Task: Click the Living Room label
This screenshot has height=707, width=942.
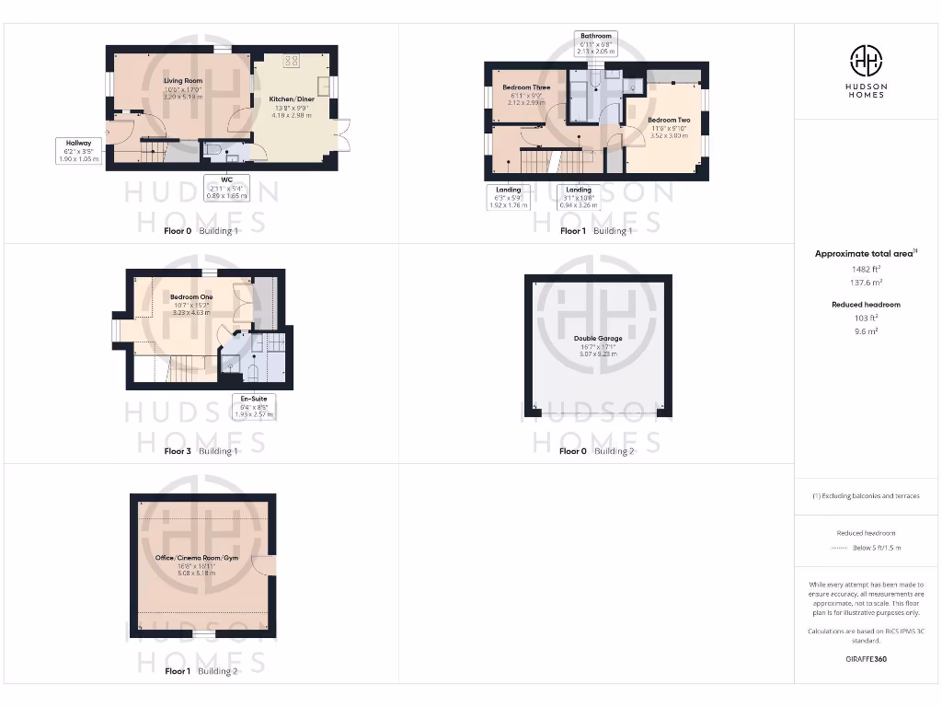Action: coord(182,81)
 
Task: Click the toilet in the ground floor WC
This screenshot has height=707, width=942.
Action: coord(213,149)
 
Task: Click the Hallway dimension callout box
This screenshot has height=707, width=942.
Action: coord(78,150)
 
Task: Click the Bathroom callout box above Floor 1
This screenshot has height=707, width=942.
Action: coord(595,42)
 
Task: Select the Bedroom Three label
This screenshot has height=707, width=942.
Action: coord(526,87)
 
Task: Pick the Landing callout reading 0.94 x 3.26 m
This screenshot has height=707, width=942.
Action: coord(579,197)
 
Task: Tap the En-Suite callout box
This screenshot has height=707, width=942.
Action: coord(252,407)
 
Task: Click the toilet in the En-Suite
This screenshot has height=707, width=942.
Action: coord(252,373)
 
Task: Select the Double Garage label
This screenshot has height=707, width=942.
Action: coord(598,338)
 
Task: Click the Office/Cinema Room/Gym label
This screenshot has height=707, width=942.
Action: coord(199,557)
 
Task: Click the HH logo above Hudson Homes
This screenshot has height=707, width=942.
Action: coord(865,62)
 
